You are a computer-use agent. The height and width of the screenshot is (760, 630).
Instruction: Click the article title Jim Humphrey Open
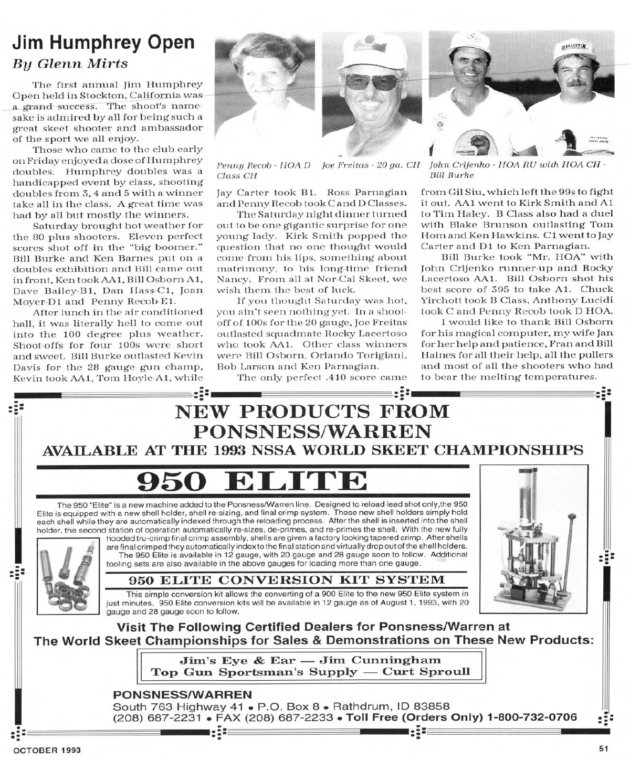click(x=103, y=43)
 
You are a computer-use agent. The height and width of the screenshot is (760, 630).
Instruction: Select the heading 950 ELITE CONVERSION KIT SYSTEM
click(x=287, y=580)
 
